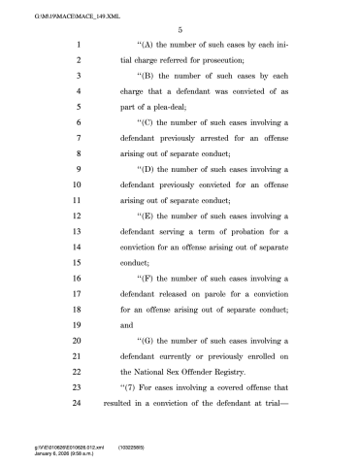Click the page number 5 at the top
(180, 29)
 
